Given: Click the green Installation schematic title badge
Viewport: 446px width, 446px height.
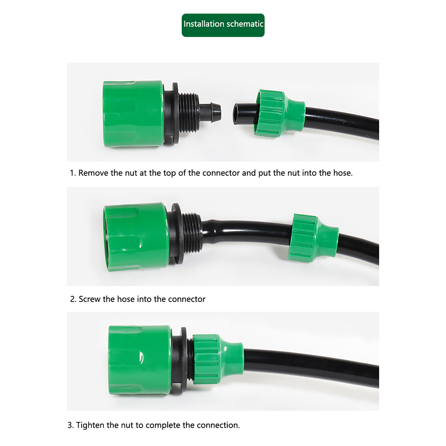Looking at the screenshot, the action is (223, 25).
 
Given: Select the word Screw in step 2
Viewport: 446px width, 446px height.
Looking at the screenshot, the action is (89, 299).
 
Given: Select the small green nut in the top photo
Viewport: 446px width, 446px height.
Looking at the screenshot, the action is (279, 113).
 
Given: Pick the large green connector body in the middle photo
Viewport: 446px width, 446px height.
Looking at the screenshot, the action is (136, 237).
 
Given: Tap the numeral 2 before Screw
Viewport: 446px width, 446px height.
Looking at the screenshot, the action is (72, 299).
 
